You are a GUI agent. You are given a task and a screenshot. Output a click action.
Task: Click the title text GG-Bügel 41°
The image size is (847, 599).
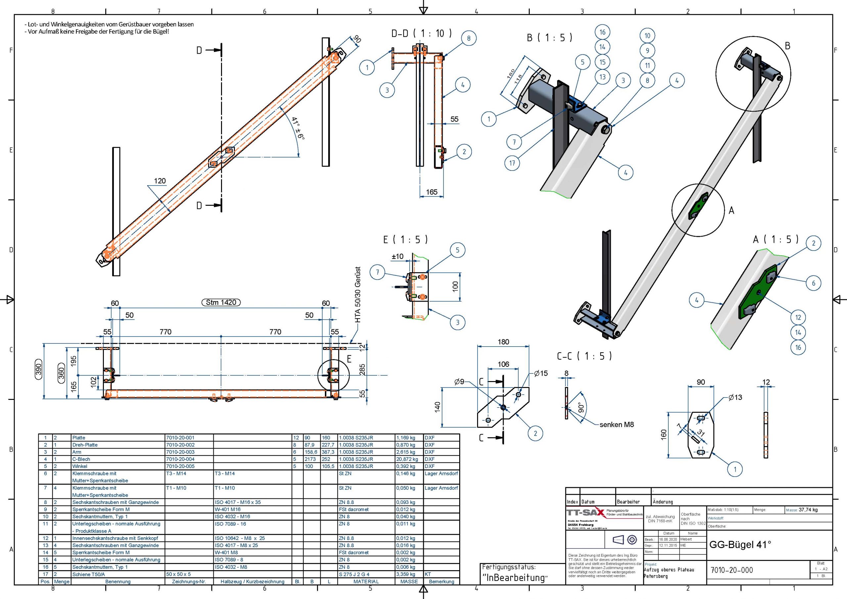[740, 545]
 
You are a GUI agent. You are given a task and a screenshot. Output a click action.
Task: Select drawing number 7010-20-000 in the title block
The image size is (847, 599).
[732, 570]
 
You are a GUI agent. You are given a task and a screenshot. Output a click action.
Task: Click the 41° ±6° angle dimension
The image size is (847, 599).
[298, 128]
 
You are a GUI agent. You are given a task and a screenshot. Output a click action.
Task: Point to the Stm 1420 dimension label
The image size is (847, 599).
[221, 302]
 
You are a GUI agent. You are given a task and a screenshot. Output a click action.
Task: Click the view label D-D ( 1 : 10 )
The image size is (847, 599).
[421, 33]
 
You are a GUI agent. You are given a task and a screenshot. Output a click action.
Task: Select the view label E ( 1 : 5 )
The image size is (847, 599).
[405, 239]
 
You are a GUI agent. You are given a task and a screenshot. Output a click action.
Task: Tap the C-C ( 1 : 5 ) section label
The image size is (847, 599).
[584, 356]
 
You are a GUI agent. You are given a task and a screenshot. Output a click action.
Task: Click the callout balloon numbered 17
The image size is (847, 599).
[512, 163]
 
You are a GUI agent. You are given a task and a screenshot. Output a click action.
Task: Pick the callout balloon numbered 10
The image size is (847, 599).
[647, 36]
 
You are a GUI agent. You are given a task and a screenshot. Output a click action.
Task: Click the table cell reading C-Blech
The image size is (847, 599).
[81, 459]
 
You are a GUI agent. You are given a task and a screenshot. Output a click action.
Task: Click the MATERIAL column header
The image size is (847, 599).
[366, 582]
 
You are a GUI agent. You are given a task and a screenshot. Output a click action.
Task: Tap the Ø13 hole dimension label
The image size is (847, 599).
[735, 397]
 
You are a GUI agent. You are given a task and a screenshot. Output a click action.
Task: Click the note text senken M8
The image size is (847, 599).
[616, 425]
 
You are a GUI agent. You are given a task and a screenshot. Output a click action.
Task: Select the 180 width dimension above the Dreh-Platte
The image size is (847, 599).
[503, 342]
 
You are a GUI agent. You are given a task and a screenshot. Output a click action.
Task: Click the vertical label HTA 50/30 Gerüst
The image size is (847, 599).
[357, 295]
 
